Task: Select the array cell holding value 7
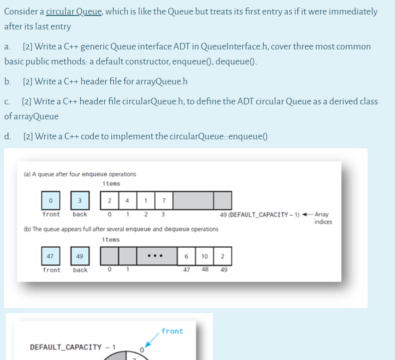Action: (x=164, y=201)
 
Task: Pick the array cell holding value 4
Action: (x=127, y=201)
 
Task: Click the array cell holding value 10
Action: (x=205, y=256)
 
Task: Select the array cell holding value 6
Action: (x=187, y=256)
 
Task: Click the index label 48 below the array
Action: (x=205, y=270)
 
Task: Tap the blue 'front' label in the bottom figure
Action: (x=172, y=331)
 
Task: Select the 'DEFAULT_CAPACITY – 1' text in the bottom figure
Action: (x=73, y=347)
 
